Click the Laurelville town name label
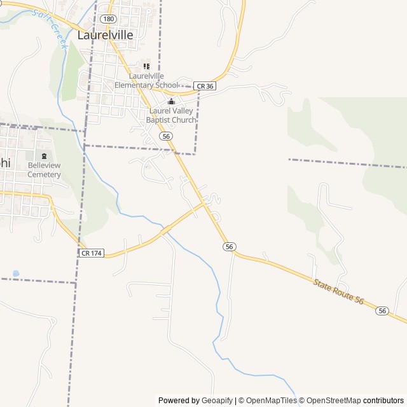[x=106, y=35]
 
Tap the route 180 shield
[x=107, y=19]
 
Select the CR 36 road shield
[x=205, y=86]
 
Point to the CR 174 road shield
[x=91, y=253]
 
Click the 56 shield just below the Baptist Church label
[x=166, y=136]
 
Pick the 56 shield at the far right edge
[x=382, y=310]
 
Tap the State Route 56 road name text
[x=338, y=291]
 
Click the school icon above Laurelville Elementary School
[x=146, y=66]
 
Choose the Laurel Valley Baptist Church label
[x=170, y=115]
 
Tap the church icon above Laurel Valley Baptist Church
[x=170, y=102]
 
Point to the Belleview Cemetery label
[x=44, y=170]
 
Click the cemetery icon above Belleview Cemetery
[x=44, y=156]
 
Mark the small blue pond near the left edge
[x=16, y=273]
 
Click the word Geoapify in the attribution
[x=217, y=401]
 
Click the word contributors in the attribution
[x=383, y=401]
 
